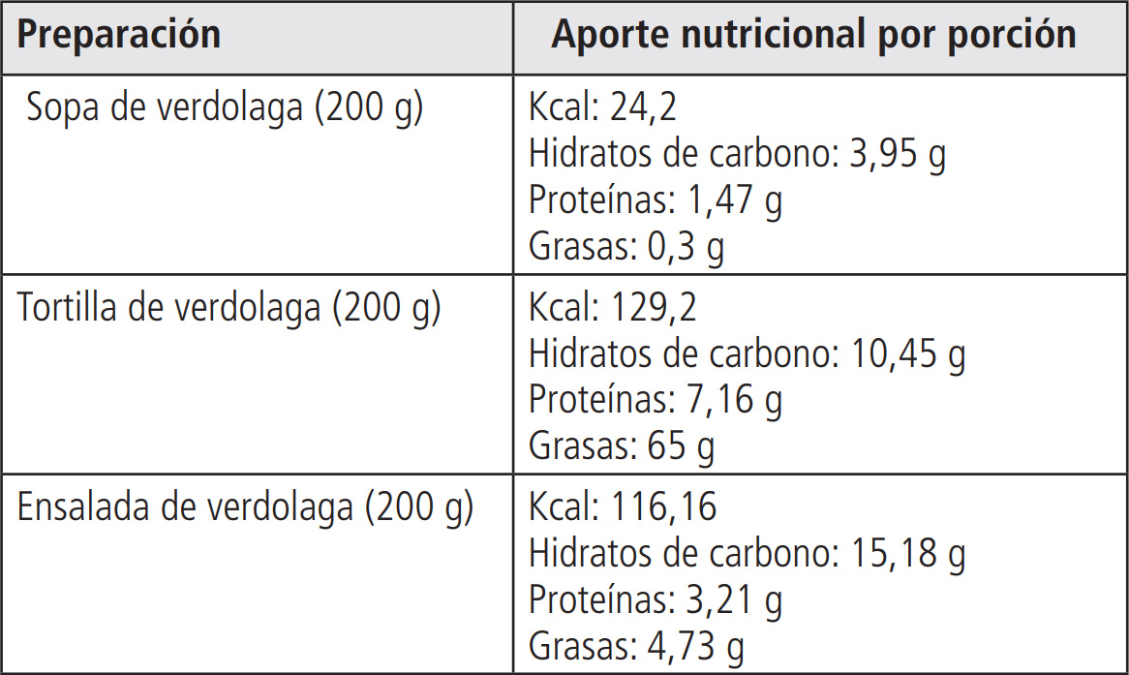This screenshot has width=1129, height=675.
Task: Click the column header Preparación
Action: (x=119, y=36)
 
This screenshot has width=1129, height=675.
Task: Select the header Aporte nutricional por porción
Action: (x=813, y=35)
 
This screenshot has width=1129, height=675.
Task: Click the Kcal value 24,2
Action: (x=644, y=108)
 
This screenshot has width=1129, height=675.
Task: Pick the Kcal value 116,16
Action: (x=664, y=506)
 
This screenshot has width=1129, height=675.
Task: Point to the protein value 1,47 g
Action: (x=733, y=201)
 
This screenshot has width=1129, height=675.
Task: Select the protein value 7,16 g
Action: (x=733, y=400)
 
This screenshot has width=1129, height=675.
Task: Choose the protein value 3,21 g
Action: (x=733, y=600)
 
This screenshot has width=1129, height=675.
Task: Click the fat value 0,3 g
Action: (x=686, y=248)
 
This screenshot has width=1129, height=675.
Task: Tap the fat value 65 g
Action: (x=676, y=447)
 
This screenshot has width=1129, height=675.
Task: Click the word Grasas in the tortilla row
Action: (x=577, y=447)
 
